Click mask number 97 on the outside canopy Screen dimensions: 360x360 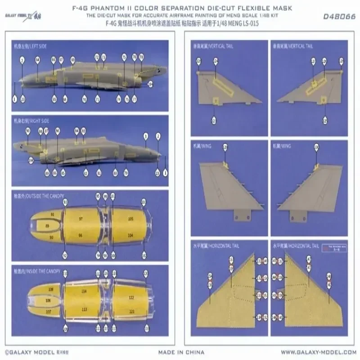click(x=81, y=218)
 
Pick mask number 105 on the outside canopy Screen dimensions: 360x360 click(x=130, y=219)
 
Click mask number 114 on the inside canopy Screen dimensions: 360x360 click(x=84, y=292)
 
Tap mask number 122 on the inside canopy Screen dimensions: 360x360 click(x=131, y=298)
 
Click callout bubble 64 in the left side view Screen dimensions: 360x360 click(x=37, y=59)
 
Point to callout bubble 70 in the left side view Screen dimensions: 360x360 click(x=84, y=99)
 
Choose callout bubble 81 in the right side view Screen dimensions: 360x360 click(x=99, y=173)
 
